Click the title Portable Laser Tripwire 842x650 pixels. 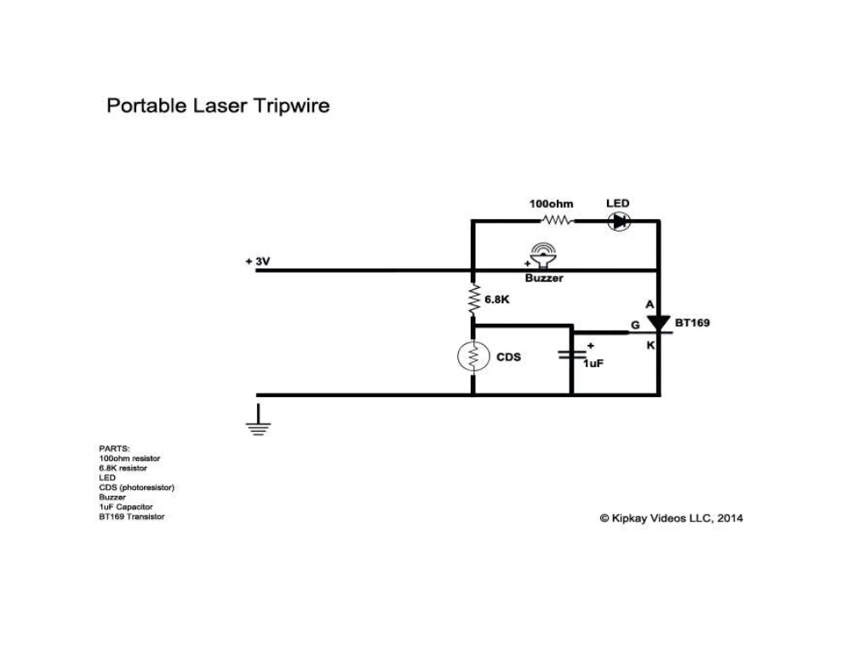(218, 106)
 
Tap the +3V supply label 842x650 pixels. (257, 262)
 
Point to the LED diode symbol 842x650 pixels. (619, 221)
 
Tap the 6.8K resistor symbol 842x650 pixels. (473, 300)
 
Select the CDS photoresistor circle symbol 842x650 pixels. (473, 357)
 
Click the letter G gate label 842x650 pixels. (634, 325)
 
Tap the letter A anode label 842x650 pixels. (649, 304)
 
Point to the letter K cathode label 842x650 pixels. (649, 345)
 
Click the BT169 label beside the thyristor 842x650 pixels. (691, 324)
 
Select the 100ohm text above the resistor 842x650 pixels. (551, 204)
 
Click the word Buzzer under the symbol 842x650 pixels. (543, 279)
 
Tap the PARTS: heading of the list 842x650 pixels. (114, 448)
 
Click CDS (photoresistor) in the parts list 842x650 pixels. (136, 487)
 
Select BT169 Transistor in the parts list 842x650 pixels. (131, 516)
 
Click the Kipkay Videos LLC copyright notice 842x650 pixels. (671, 517)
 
